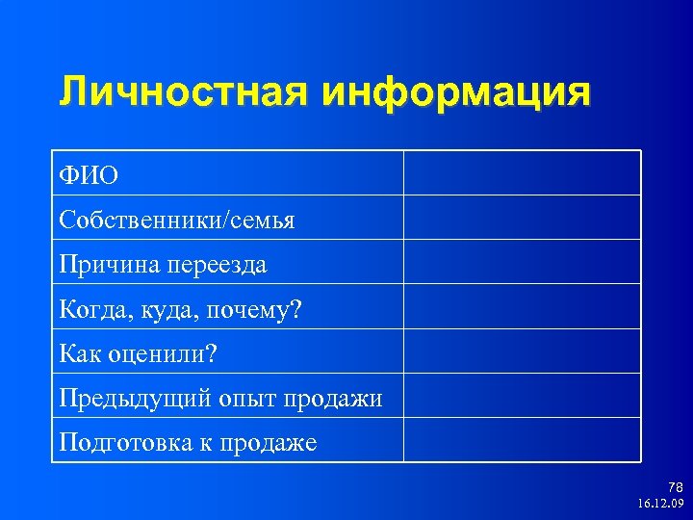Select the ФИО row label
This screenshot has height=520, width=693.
coord(90,174)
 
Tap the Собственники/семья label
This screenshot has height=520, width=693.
coord(177,220)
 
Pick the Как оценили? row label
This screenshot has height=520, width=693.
coord(139,353)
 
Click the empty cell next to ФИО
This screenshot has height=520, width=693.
coord(522,173)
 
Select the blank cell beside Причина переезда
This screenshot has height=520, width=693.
coord(522,262)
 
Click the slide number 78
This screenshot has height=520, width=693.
coord(675,488)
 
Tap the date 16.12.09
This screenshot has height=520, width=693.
coord(660,504)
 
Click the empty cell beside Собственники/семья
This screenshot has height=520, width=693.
coord(522,218)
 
